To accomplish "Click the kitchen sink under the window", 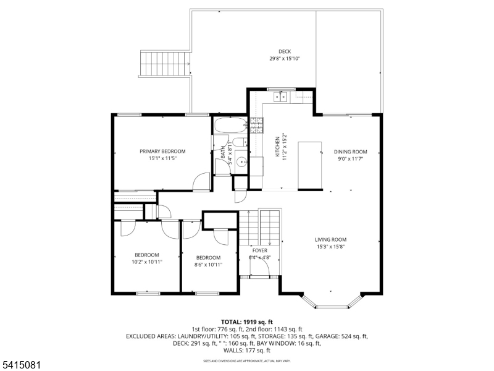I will coord(280,96).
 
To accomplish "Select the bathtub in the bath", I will coord(230,127).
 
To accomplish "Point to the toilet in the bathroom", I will coord(244,143).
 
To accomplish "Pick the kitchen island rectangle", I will coord(310,165).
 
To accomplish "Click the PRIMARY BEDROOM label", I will coord(162,151).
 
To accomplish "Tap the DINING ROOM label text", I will coord(350,151).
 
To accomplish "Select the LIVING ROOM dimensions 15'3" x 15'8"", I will coord(330,247).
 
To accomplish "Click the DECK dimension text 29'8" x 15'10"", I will coord(285,59).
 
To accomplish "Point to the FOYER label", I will coord(259,250).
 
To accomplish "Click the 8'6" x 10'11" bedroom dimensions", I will coord(208,264).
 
